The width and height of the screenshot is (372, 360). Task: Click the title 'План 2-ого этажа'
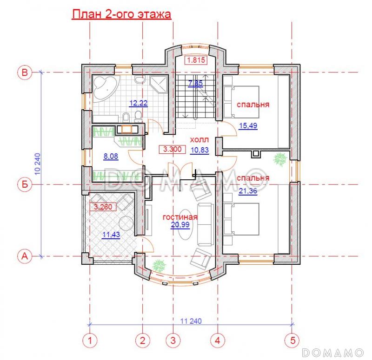click(x=121, y=14)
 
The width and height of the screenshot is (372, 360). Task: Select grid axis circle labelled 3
click(x=173, y=340)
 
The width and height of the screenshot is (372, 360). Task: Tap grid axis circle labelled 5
click(x=292, y=340)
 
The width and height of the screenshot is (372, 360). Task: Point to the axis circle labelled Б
click(x=25, y=184)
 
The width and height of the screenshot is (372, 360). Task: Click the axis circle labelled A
click(x=25, y=256)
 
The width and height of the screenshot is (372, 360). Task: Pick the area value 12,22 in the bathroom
click(x=138, y=103)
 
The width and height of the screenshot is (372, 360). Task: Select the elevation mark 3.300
click(x=173, y=149)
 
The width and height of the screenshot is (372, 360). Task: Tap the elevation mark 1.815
click(x=196, y=60)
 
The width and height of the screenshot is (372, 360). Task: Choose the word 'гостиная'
click(x=180, y=217)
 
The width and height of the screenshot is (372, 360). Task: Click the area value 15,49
click(x=248, y=125)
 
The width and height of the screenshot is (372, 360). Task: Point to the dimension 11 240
click(x=191, y=321)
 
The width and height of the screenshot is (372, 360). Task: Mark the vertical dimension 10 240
click(x=38, y=164)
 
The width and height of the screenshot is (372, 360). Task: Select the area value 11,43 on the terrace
click(x=111, y=235)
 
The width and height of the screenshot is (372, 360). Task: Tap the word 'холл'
click(x=199, y=140)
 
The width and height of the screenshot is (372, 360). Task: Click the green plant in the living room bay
click(x=159, y=265)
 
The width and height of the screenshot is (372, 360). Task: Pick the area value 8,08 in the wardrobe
click(x=111, y=156)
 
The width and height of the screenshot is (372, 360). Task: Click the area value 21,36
click(x=248, y=191)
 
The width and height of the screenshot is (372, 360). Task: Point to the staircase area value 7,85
click(x=195, y=83)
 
